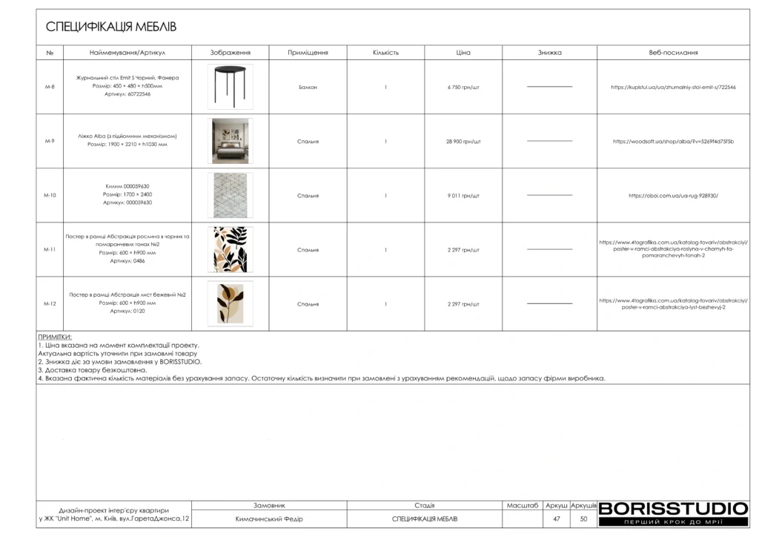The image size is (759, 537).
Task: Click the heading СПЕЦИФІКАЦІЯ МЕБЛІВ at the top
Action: (x=111, y=27)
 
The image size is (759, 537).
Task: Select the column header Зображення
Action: (x=230, y=53)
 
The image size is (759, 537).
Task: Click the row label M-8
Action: (x=50, y=87)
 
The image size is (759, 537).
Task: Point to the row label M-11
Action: (x=50, y=250)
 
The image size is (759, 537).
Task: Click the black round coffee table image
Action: (x=230, y=87)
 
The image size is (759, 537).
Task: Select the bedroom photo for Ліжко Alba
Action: (x=230, y=141)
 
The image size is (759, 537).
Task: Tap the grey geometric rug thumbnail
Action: (x=230, y=195)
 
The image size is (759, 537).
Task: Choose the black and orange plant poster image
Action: (x=230, y=250)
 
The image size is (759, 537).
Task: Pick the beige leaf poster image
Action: (x=230, y=304)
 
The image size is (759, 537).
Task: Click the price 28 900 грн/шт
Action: (x=463, y=141)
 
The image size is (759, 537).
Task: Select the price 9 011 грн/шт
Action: (x=463, y=196)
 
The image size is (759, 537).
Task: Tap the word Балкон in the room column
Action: (x=308, y=87)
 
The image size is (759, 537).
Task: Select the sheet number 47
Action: (x=556, y=519)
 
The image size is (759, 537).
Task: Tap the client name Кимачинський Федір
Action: (x=269, y=519)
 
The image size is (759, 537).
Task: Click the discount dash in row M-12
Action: (x=549, y=304)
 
